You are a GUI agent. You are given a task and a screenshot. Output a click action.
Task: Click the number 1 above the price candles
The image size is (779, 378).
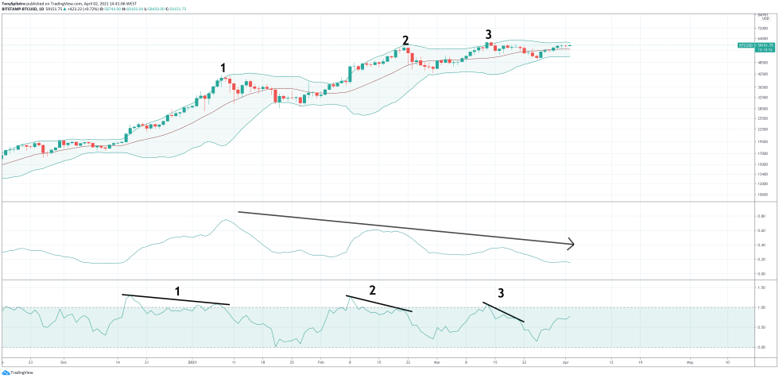[x=223, y=67]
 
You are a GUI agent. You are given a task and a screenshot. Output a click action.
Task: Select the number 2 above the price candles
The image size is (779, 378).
[x=405, y=40]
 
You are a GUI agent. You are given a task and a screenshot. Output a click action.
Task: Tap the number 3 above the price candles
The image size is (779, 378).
[x=489, y=33]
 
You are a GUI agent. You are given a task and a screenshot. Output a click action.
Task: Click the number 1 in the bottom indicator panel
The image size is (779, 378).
[x=177, y=291]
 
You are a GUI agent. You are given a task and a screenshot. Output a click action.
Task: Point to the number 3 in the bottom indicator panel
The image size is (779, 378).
[x=500, y=293]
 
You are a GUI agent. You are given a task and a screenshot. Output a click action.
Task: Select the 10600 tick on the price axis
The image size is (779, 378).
[x=762, y=192]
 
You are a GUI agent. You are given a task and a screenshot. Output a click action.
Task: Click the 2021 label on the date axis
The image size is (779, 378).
[x=192, y=361]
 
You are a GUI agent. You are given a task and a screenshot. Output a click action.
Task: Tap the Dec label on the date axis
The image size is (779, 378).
[x=63, y=361]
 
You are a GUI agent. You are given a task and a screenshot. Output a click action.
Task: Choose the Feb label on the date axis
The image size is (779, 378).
[x=320, y=361]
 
